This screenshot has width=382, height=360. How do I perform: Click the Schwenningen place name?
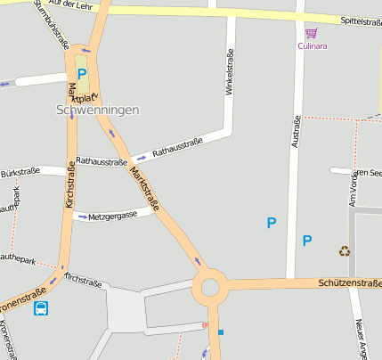(97, 110)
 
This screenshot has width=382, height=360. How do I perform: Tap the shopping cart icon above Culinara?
(310, 32)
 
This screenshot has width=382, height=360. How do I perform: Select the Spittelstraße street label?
(360, 21)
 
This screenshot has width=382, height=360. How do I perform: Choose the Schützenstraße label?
(349, 282)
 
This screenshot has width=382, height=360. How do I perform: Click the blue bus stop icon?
(41, 308)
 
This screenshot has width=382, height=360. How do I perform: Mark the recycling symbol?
(345, 251)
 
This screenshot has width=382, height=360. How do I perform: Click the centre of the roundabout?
(210, 287)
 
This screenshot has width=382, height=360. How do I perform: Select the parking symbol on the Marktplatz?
(82, 75)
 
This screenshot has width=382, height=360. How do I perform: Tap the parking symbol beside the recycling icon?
(307, 241)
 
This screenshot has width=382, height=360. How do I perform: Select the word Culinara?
(313, 45)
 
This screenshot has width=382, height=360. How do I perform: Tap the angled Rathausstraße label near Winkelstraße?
(178, 147)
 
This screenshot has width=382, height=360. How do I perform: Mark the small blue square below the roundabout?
(221, 331)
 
